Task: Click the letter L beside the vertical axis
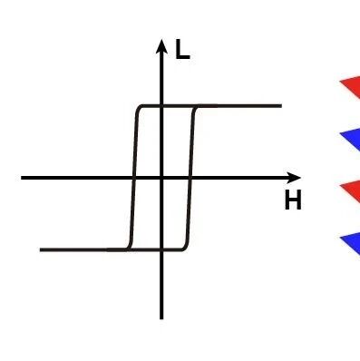[182, 50]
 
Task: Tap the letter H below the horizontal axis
[293, 200]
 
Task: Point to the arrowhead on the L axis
[161, 47]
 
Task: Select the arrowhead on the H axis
[293, 178]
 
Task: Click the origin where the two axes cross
[161, 178]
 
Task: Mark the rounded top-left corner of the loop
[139, 109]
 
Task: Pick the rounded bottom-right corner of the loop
[185, 247]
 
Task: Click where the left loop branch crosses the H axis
[134, 178]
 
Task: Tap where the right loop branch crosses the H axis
[190, 178]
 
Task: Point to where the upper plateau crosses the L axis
[161, 106]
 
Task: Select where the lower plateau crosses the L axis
[161, 249]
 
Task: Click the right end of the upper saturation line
[281, 106]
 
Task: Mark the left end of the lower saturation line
[41, 249]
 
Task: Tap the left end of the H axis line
[22, 178]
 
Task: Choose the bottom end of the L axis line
[161, 318]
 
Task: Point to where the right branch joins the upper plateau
[197, 107]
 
